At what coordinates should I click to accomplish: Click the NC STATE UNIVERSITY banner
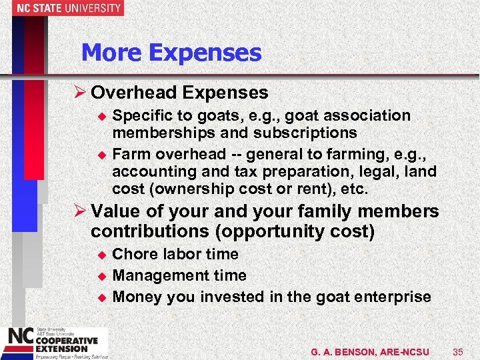tap(61, 8)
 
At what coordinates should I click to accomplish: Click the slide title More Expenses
tap(171, 53)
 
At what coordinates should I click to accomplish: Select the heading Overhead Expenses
tap(179, 93)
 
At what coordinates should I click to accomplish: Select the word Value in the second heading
tap(115, 212)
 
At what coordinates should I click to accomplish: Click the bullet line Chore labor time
tap(175, 254)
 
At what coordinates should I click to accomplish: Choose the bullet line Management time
tap(179, 275)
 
